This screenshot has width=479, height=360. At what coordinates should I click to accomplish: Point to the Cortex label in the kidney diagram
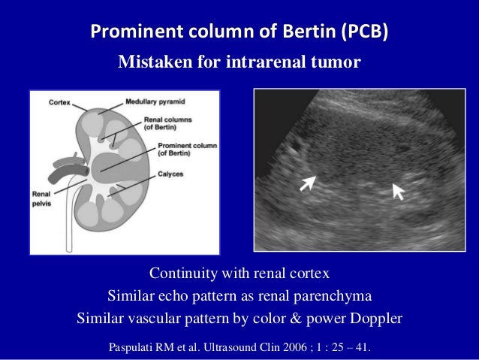pyautogui.click(x=61, y=101)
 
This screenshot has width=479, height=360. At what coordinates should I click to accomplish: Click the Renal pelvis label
pyautogui.click(x=43, y=199)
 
